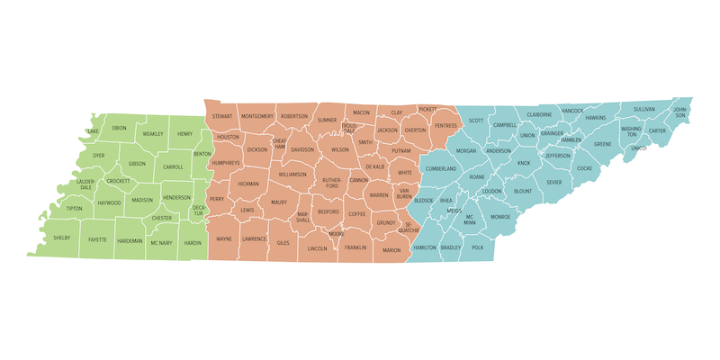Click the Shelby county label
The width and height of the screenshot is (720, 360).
pyautogui.click(x=61, y=238)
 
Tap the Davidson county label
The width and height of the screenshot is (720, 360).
pyautogui.click(x=302, y=149)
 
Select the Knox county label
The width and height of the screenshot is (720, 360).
pyautogui.click(x=524, y=163)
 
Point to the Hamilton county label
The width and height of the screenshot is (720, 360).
pyautogui.click(x=425, y=247)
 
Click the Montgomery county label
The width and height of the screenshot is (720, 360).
pyautogui.click(x=257, y=116)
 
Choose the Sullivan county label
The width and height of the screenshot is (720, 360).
pyautogui.click(x=644, y=109)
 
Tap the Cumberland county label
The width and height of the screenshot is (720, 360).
pyautogui.click(x=441, y=168)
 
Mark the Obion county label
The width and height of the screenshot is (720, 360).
pyautogui.click(x=120, y=128)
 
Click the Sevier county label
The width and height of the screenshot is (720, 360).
pyautogui.click(x=553, y=182)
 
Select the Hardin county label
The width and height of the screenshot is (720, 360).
pyautogui.click(x=193, y=242)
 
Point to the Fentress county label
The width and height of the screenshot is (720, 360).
pyautogui.click(x=445, y=125)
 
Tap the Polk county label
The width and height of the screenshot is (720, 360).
pyautogui.click(x=477, y=247)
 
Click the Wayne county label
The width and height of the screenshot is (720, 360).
pyautogui.click(x=224, y=239)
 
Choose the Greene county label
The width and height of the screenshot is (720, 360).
pyautogui.click(x=602, y=144)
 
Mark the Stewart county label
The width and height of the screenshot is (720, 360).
pyautogui.click(x=223, y=116)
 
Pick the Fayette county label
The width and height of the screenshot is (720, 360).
pyautogui.click(x=97, y=239)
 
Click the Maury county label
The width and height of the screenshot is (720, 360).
pyautogui.click(x=279, y=202)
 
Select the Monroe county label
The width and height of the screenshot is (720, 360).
pyautogui.click(x=500, y=217)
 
